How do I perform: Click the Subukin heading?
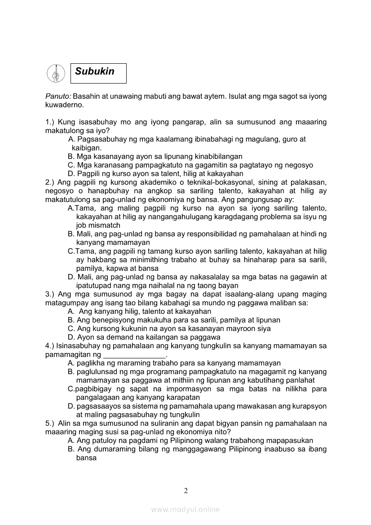tap(95, 71)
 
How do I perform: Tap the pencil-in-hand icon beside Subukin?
tap(56, 73)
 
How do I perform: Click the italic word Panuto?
tap(58, 97)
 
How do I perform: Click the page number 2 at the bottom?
tap(185, 490)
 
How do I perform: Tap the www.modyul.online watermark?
tap(185, 509)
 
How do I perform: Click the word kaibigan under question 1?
tap(86, 148)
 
